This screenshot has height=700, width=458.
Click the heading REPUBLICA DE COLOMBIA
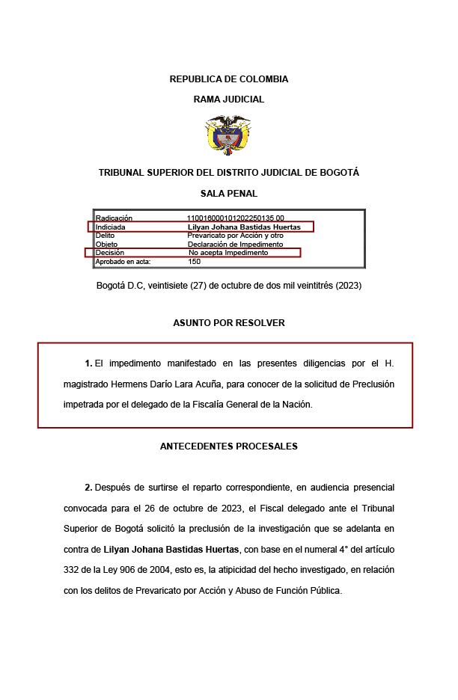[228, 79]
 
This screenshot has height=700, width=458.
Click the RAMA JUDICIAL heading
[228, 99]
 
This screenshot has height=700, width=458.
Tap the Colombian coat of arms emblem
[228, 135]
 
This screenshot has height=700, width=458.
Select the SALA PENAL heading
[228, 193]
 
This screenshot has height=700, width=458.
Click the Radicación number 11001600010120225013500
[235, 218]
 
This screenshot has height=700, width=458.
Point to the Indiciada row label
[111, 227]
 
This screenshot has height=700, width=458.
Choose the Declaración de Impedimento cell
[235, 245]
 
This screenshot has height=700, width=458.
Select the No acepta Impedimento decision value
[228, 253]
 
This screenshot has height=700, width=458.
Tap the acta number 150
[195, 262]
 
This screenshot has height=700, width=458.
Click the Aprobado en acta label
[123, 262]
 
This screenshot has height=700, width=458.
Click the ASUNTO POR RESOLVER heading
[228, 323]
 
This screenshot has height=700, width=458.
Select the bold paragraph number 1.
[88, 363]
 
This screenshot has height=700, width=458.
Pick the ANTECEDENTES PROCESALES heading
[228, 446]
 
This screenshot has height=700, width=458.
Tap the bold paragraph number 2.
[88, 488]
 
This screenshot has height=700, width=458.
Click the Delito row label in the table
[106, 236]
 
